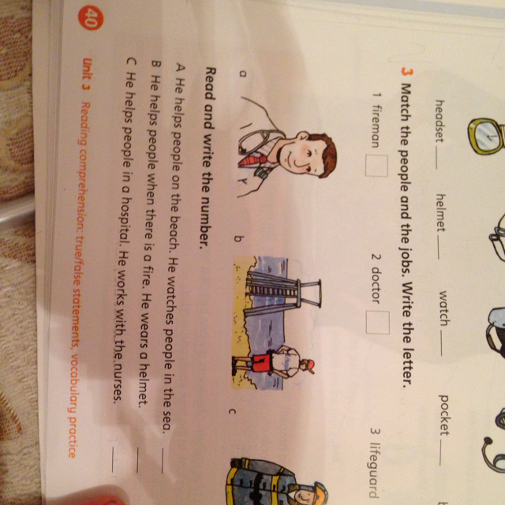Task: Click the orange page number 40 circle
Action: (x=90, y=18)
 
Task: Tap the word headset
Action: (x=440, y=121)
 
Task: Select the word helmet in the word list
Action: (x=440, y=212)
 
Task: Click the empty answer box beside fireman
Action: (x=376, y=166)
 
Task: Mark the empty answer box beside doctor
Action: (x=377, y=323)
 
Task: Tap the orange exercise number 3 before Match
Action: (x=407, y=73)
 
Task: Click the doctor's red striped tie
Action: (x=253, y=160)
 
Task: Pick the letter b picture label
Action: (x=238, y=239)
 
